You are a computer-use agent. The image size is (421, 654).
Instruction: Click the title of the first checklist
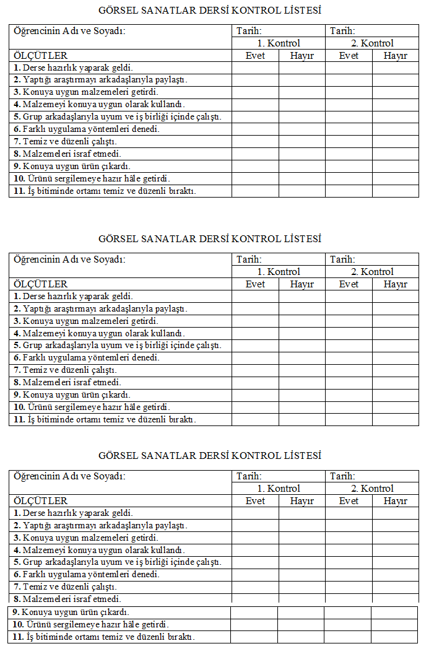(x=210, y=11)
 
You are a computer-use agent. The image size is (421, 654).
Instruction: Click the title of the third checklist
(x=210, y=455)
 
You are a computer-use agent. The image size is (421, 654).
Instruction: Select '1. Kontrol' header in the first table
(x=279, y=43)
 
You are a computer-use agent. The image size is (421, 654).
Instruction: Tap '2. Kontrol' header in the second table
(x=372, y=272)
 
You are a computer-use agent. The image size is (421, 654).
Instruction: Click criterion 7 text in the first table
(x=65, y=142)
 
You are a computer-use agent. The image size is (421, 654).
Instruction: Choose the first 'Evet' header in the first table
(x=255, y=56)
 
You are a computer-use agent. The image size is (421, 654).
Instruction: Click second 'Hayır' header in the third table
(x=395, y=501)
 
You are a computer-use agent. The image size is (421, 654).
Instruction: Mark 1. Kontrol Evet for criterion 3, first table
(x=255, y=92)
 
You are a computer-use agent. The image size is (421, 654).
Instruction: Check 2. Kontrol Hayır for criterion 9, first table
(x=395, y=166)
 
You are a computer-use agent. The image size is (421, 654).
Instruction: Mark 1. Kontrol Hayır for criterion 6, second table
(x=302, y=358)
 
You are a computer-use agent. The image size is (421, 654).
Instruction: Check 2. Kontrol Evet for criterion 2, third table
(x=349, y=525)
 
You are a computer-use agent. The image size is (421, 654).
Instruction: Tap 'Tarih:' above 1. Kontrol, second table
(x=249, y=259)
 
